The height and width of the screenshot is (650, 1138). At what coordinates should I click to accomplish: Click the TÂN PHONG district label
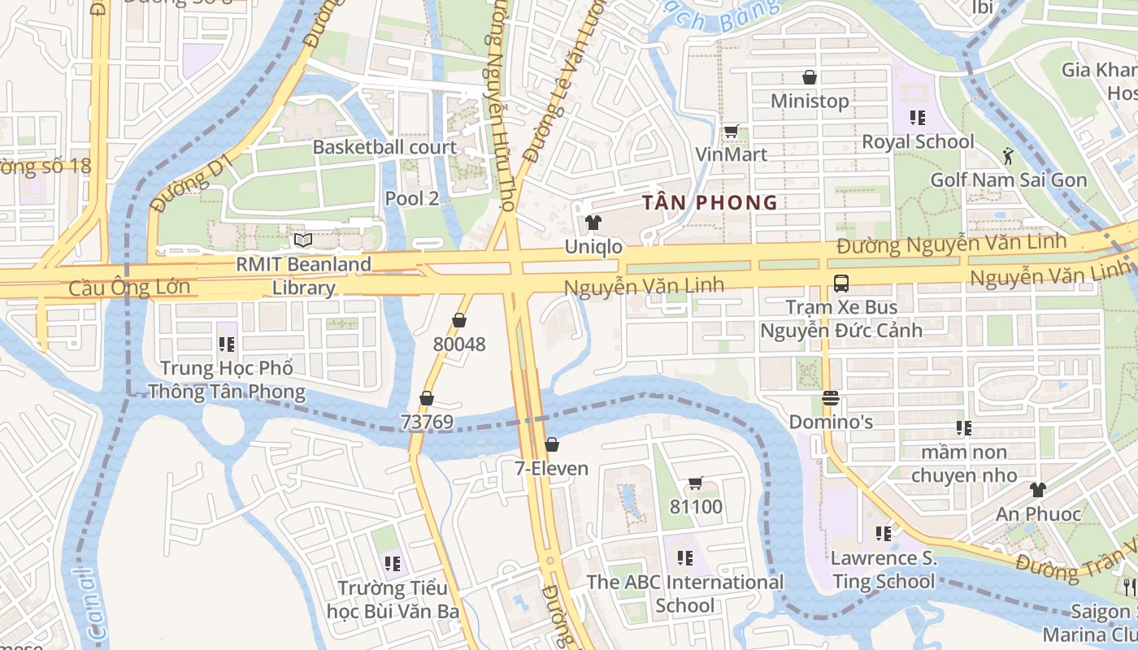[x=709, y=202]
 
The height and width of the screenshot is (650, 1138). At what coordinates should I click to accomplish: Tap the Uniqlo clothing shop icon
[x=593, y=223]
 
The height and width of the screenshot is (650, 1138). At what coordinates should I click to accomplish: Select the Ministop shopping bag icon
[x=810, y=77]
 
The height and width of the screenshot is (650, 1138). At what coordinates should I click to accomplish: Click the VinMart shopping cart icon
[x=731, y=131]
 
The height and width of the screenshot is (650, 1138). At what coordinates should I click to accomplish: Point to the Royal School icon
[x=918, y=118]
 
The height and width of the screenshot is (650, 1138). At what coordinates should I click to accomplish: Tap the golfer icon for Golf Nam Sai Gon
[x=1009, y=155]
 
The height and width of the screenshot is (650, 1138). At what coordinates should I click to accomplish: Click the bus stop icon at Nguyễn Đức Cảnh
[x=841, y=284]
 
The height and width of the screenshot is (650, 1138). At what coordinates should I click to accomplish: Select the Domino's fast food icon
[x=831, y=398]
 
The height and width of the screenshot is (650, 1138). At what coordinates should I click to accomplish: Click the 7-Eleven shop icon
[x=552, y=444]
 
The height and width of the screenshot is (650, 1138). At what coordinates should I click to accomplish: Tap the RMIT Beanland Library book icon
[x=303, y=240]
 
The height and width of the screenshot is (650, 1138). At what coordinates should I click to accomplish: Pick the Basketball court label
[x=384, y=147]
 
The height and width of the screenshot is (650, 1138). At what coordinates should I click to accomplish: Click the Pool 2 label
[x=411, y=198]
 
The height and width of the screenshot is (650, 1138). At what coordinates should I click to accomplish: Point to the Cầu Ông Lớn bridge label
[x=129, y=288]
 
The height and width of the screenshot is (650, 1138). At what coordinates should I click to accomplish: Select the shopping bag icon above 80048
[x=459, y=320]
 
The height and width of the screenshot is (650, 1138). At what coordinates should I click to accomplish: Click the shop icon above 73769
[x=427, y=398]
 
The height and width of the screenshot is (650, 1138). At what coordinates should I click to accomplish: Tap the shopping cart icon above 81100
[x=696, y=483]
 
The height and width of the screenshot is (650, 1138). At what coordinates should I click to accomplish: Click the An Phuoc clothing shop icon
[x=1038, y=489]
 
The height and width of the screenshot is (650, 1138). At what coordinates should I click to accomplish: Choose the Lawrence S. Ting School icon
[x=884, y=534]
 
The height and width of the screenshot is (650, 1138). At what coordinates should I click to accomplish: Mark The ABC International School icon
[x=685, y=558]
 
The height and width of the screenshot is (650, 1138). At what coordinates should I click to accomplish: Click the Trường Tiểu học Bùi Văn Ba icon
[x=393, y=563]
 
